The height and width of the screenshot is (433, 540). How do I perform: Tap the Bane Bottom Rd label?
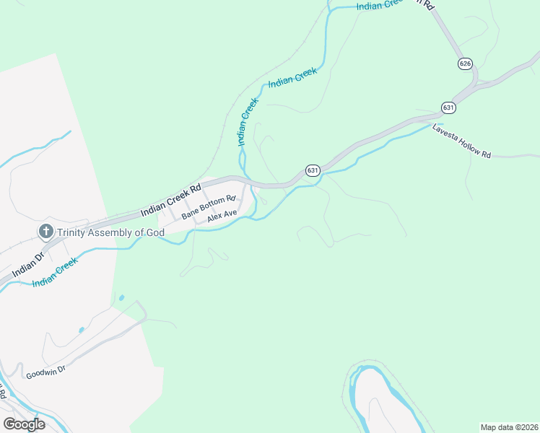[x=209, y=207]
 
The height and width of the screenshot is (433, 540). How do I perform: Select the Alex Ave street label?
[x=222, y=216]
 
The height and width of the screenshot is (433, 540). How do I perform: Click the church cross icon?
[x=45, y=232]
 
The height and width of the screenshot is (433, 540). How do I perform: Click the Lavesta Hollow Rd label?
[x=461, y=142]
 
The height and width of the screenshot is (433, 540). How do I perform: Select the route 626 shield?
[x=465, y=64]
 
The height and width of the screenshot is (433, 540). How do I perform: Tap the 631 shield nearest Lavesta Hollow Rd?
[x=448, y=108]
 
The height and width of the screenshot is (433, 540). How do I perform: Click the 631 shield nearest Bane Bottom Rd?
[x=312, y=170]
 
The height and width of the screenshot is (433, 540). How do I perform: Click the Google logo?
[x=24, y=424]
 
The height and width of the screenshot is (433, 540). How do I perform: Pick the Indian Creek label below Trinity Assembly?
[x=55, y=274]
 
